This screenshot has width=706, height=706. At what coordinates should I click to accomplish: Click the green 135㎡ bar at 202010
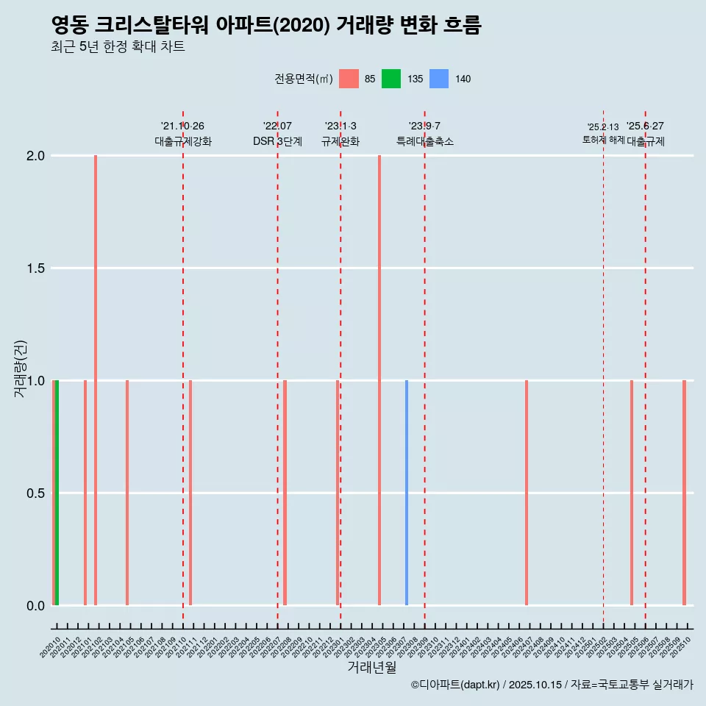pos(57,493)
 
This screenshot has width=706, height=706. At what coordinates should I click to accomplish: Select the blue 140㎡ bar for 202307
pos(407,493)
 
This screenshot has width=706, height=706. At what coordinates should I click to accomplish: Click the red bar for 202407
pos(527,493)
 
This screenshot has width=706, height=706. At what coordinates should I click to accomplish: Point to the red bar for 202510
pos(684,493)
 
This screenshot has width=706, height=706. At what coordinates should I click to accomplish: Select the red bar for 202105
pos(127,493)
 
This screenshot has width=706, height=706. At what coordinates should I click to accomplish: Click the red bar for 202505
pos(632,493)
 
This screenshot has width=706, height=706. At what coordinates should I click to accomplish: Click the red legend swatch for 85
pos(349,79)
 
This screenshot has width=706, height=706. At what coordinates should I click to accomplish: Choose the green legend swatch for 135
pos(391,79)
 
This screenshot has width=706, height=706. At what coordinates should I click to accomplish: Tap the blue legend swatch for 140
pos(439,79)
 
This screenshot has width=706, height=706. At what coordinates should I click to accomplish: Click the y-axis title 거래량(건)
pos(21,369)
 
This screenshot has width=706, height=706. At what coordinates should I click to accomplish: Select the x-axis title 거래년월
pos(371,667)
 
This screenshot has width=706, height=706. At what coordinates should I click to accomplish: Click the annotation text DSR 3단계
pos(277,141)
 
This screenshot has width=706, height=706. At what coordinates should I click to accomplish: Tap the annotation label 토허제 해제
pos(603,140)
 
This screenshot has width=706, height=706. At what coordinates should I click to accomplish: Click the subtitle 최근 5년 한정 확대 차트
pos(118,47)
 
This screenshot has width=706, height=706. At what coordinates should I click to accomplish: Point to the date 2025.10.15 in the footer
pos(536,685)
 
